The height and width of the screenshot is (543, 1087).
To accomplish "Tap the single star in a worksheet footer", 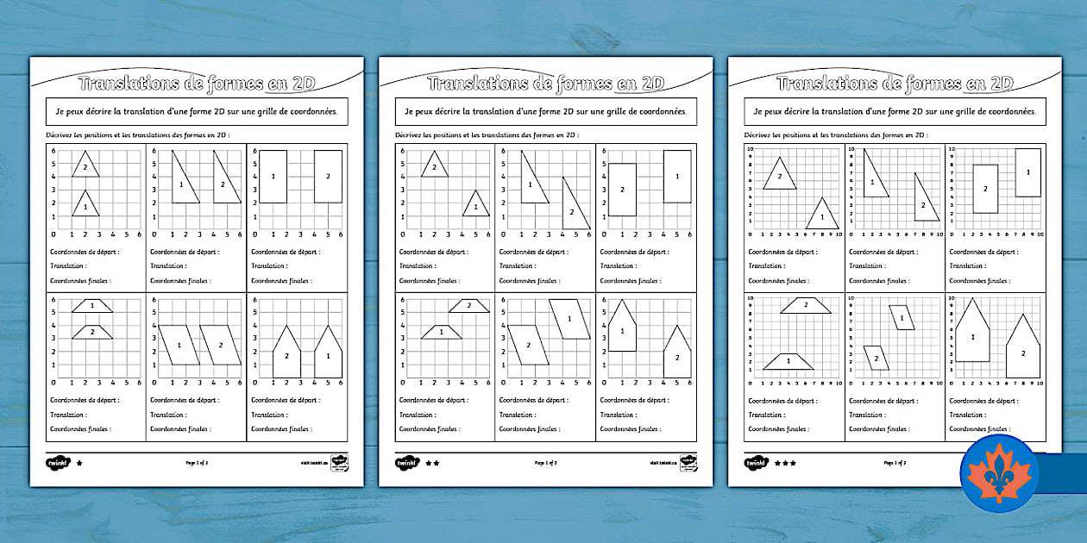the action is click(x=80, y=463).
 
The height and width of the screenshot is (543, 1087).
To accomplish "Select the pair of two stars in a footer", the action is click(x=432, y=463).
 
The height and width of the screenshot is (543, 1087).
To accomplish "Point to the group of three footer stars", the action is click(x=785, y=463).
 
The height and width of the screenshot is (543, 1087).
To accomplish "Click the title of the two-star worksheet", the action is click(x=545, y=84).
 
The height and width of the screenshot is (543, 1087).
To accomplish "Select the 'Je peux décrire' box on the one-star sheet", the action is click(x=196, y=111).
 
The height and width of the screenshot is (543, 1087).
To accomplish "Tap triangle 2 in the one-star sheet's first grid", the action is click(x=85, y=165).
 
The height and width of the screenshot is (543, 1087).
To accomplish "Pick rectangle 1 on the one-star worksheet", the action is click(x=273, y=177).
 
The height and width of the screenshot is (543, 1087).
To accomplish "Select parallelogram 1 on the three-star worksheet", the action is click(x=902, y=318).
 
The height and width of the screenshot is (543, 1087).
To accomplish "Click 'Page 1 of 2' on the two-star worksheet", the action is click(x=545, y=463).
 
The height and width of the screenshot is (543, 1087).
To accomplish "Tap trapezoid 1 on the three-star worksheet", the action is click(x=789, y=361).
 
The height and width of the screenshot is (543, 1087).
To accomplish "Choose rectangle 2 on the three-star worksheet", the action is click(x=985, y=188).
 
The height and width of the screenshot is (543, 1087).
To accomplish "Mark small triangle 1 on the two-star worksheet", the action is click(x=475, y=207).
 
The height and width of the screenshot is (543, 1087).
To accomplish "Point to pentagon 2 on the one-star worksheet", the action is click(x=287, y=353).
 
